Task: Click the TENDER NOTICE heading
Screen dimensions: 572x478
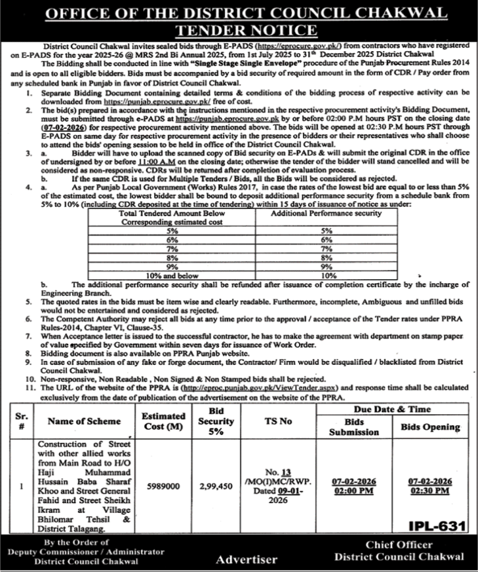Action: pyautogui.click(x=239, y=29)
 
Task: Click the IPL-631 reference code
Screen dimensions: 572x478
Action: pyautogui.click(x=435, y=526)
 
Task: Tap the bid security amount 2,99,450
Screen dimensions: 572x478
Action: pyautogui.click(x=216, y=487)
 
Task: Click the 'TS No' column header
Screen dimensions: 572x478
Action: pyautogui.click(x=277, y=421)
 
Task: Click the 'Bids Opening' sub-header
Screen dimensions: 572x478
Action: pyautogui.click(x=431, y=427)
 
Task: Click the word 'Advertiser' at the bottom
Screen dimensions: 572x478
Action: pyautogui.click(x=247, y=560)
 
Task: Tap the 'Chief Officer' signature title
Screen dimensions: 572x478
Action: pyautogui.click(x=399, y=545)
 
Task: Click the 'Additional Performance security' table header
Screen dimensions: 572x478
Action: pyautogui.click(x=326, y=214)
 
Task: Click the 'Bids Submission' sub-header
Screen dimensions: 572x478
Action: pyautogui.click(x=353, y=427)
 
